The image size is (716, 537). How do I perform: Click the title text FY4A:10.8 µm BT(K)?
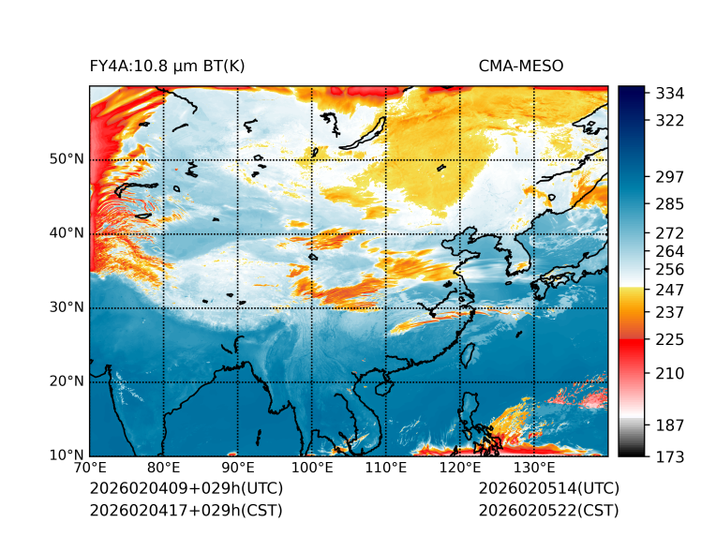(x=168, y=66)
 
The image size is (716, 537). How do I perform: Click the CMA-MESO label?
(x=521, y=66)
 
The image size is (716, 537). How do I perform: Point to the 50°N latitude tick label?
(x=66, y=159)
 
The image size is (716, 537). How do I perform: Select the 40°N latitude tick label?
(x=66, y=233)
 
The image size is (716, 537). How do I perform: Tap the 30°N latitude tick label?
(x=66, y=307)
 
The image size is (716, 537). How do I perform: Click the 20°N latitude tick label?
(x=66, y=381)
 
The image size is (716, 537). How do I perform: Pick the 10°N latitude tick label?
(x=66, y=455)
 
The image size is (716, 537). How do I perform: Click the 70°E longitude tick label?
(x=90, y=468)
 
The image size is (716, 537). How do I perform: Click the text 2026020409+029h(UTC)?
(x=186, y=488)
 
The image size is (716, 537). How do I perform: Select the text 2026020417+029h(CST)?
(x=186, y=510)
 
